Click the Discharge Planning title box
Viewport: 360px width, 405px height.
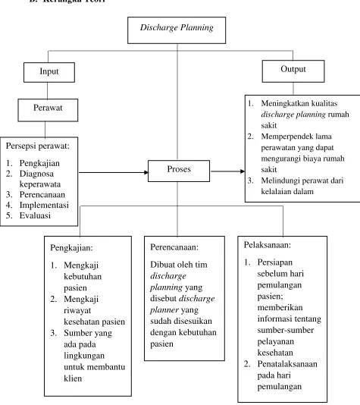pyautogui.click(x=177, y=30)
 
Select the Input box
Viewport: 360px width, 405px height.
pyautogui.click(x=49, y=72)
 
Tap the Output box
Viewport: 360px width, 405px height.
pyautogui.click(x=293, y=71)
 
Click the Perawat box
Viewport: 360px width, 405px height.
pyautogui.click(x=48, y=110)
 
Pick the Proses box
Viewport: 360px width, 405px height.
pyautogui.click(x=179, y=171)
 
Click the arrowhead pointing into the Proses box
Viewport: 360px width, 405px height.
pyautogui.click(x=146, y=172)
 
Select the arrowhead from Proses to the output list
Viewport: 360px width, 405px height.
pyautogui.click(x=243, y=171)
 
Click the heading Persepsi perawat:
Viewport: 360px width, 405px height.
pyautogui.click(x=38, y=146)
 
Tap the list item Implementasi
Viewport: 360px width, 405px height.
pyautogui.click(x=44, y=205)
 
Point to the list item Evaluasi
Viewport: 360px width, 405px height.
pyautogui.click(x=35, y=215)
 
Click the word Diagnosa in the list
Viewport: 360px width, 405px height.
pyautogui.click(x=36, y=174)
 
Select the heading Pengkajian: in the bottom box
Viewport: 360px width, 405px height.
pyautogui.click(x=71, y=248)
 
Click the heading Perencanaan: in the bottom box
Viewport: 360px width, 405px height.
pyautogui.click(x=174, y=247)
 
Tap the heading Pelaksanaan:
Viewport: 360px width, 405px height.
pyautogui.click(x=268, y=245)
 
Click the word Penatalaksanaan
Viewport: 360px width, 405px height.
pyautogui.click(x=287, y=364)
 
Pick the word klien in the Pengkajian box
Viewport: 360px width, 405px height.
pyautogui.click(x=73, y=378)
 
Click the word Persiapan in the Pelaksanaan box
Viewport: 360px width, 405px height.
pyautogui.click(x=275, y=262)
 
